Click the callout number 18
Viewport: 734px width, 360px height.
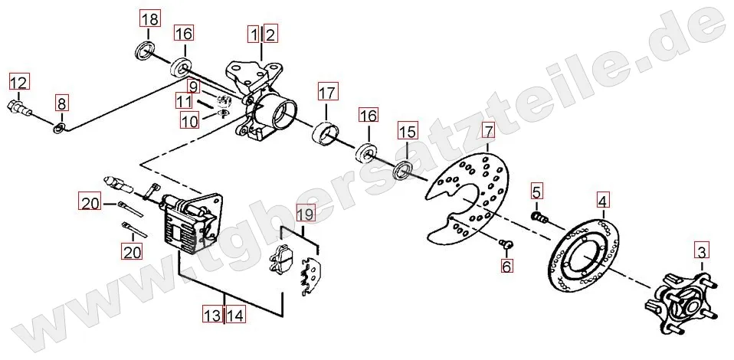150,20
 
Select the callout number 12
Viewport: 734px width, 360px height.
18,83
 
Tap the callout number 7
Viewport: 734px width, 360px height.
488,132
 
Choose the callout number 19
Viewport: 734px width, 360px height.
305,215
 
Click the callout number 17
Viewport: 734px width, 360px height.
327,93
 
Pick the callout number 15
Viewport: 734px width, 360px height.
407,131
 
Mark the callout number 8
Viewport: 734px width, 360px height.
62,103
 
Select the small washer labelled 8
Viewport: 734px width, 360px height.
59,127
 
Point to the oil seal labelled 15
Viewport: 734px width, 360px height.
403,170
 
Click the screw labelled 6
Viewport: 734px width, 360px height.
506,243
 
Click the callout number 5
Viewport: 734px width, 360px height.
536,191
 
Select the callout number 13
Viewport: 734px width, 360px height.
212,315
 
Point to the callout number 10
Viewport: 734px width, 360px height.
190,122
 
